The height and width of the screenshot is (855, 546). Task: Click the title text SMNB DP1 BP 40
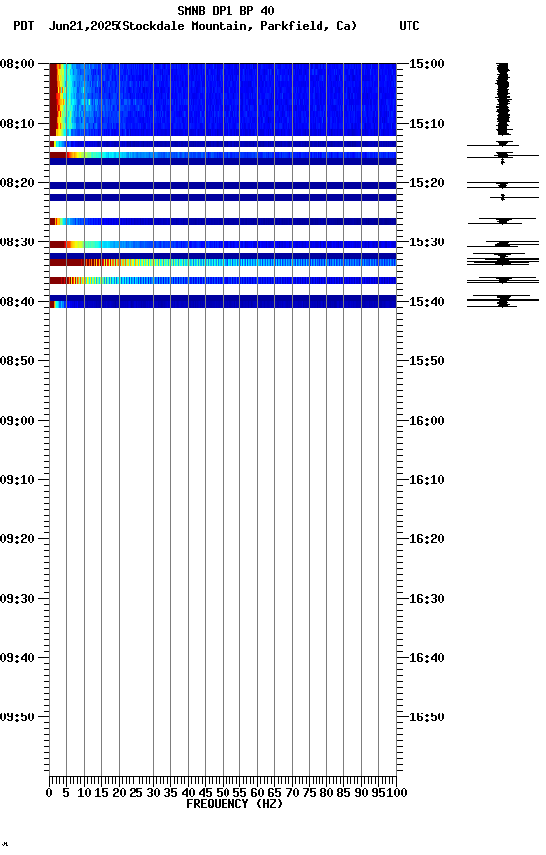click(226, 11)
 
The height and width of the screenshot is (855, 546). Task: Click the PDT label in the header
click(23, 26)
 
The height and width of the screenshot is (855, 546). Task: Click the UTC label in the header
click(409, 26)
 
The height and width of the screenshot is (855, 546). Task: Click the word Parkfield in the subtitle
click(294, 26)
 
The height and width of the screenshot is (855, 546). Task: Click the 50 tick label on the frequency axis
click(223, 792)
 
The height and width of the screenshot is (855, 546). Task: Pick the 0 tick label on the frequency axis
click(49, 792)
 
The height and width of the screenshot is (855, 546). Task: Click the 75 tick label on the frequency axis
click(310, 792)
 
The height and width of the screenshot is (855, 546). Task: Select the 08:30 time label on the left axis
click(18, 242)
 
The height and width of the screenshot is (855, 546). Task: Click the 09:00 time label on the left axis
click(18, 421)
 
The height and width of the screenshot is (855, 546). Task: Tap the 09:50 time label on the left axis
click(18, 717)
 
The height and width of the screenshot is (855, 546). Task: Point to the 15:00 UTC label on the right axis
click(425, 64)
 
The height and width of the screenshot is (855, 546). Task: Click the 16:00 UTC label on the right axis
click(425, 421)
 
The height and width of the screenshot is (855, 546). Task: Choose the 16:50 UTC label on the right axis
click(425, 717)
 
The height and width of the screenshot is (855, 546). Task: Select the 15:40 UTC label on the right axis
click(425, 302)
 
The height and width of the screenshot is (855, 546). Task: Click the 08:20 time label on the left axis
click(18, 183)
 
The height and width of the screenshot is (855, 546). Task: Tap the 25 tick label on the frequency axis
click(136, 792)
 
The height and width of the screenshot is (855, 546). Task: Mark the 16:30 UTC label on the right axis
click(425, 599)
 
